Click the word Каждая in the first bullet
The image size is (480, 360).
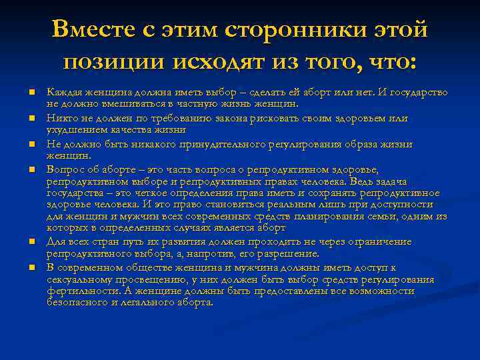63,92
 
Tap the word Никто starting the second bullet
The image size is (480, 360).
60,118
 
